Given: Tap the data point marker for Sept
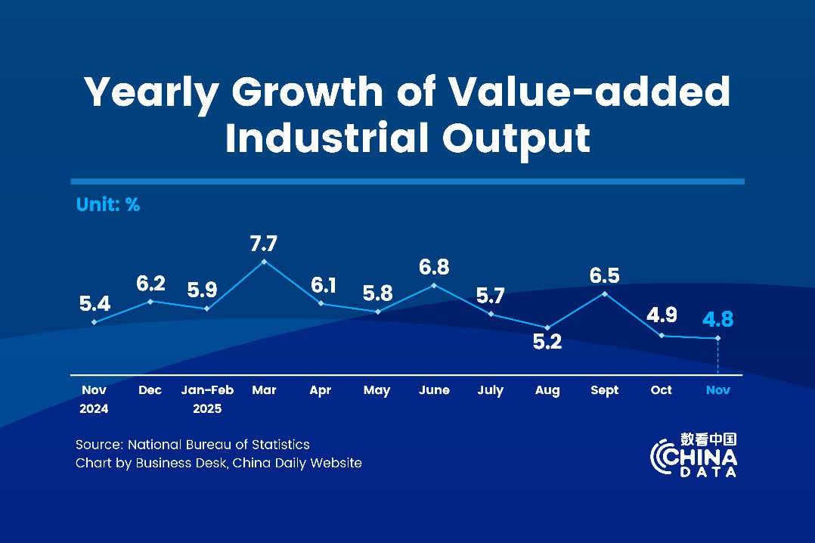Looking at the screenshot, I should (x=604, y=293).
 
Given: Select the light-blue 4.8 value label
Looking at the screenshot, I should (x=717, y=319).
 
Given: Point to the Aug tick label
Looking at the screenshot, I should (x=547, y=390).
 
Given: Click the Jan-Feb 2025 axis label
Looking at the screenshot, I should (x=207, y=399).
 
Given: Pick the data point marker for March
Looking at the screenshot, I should (x=264, y=262).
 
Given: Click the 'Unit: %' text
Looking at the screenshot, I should (x=108, y=204).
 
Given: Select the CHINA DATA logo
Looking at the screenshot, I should (x=693, y=455).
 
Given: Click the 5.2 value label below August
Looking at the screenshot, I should (x=547, y=343).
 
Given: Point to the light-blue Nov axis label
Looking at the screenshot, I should (x=717, y=390).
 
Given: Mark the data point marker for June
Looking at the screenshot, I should (x=434, y=285).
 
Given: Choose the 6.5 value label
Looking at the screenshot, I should (x=604, y=275).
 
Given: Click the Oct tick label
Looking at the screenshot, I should (x=661, y=390).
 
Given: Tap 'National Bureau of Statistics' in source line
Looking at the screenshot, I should (x=218, y=445).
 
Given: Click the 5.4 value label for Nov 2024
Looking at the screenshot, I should (x=95, y=304).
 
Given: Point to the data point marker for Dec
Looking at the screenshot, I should (x=150, y=301).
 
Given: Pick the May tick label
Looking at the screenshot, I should (x=377, y=390).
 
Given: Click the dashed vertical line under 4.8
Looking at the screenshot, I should (x=717, y=357).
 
